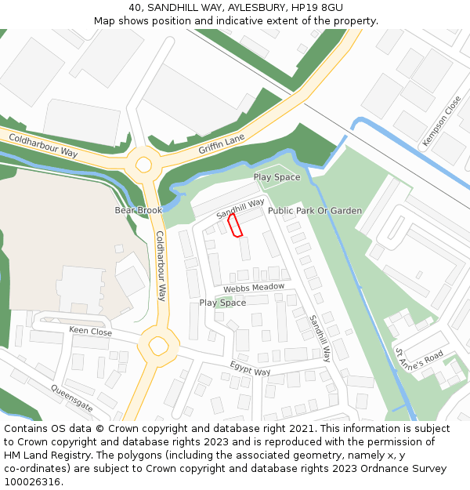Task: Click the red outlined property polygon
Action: (x=234, y=225)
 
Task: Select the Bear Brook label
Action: (x=138, y=210)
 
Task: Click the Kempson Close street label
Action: (x=443, y=122)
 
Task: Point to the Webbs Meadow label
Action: (x=254, y=288)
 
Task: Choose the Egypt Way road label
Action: (x=250, y=368)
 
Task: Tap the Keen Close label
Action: (x=91, y=332)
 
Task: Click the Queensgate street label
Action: (x=72, y=398)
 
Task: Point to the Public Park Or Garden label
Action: (x=315, y=211)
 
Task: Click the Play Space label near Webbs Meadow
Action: (x=222, y=303)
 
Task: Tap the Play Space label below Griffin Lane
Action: (x=277, y=177)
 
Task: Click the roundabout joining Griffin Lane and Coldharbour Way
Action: (x=143, y=165)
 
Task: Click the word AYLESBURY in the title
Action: (x=258, y=7)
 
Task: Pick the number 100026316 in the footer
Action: (x=32, y=482)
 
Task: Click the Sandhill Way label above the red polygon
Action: (x=240, y=208)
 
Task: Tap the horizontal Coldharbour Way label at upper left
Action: (x=43, y=145)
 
